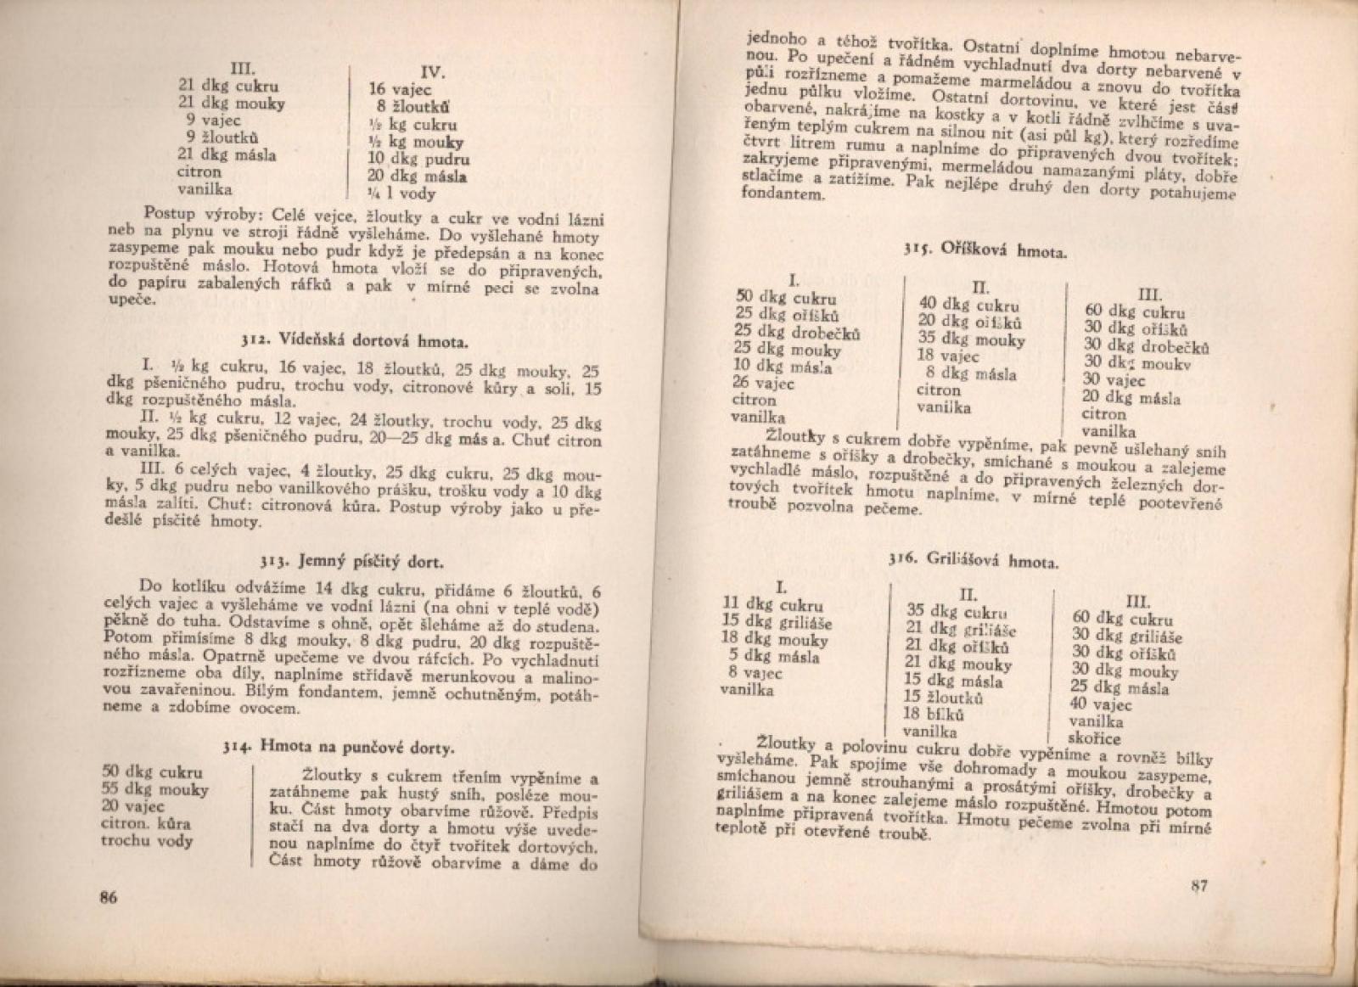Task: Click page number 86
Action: click(x=107, y=900)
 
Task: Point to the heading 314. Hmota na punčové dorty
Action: click(x=339, y=748)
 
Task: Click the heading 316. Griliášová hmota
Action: click(x=974, y=561)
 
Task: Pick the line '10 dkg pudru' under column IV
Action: click(x=418, y=159)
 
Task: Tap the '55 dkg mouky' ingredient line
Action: click(x=154, y=790)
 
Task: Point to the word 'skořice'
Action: click(x=1096, y=738)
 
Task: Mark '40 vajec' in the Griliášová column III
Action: click(x=1101, y=705)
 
